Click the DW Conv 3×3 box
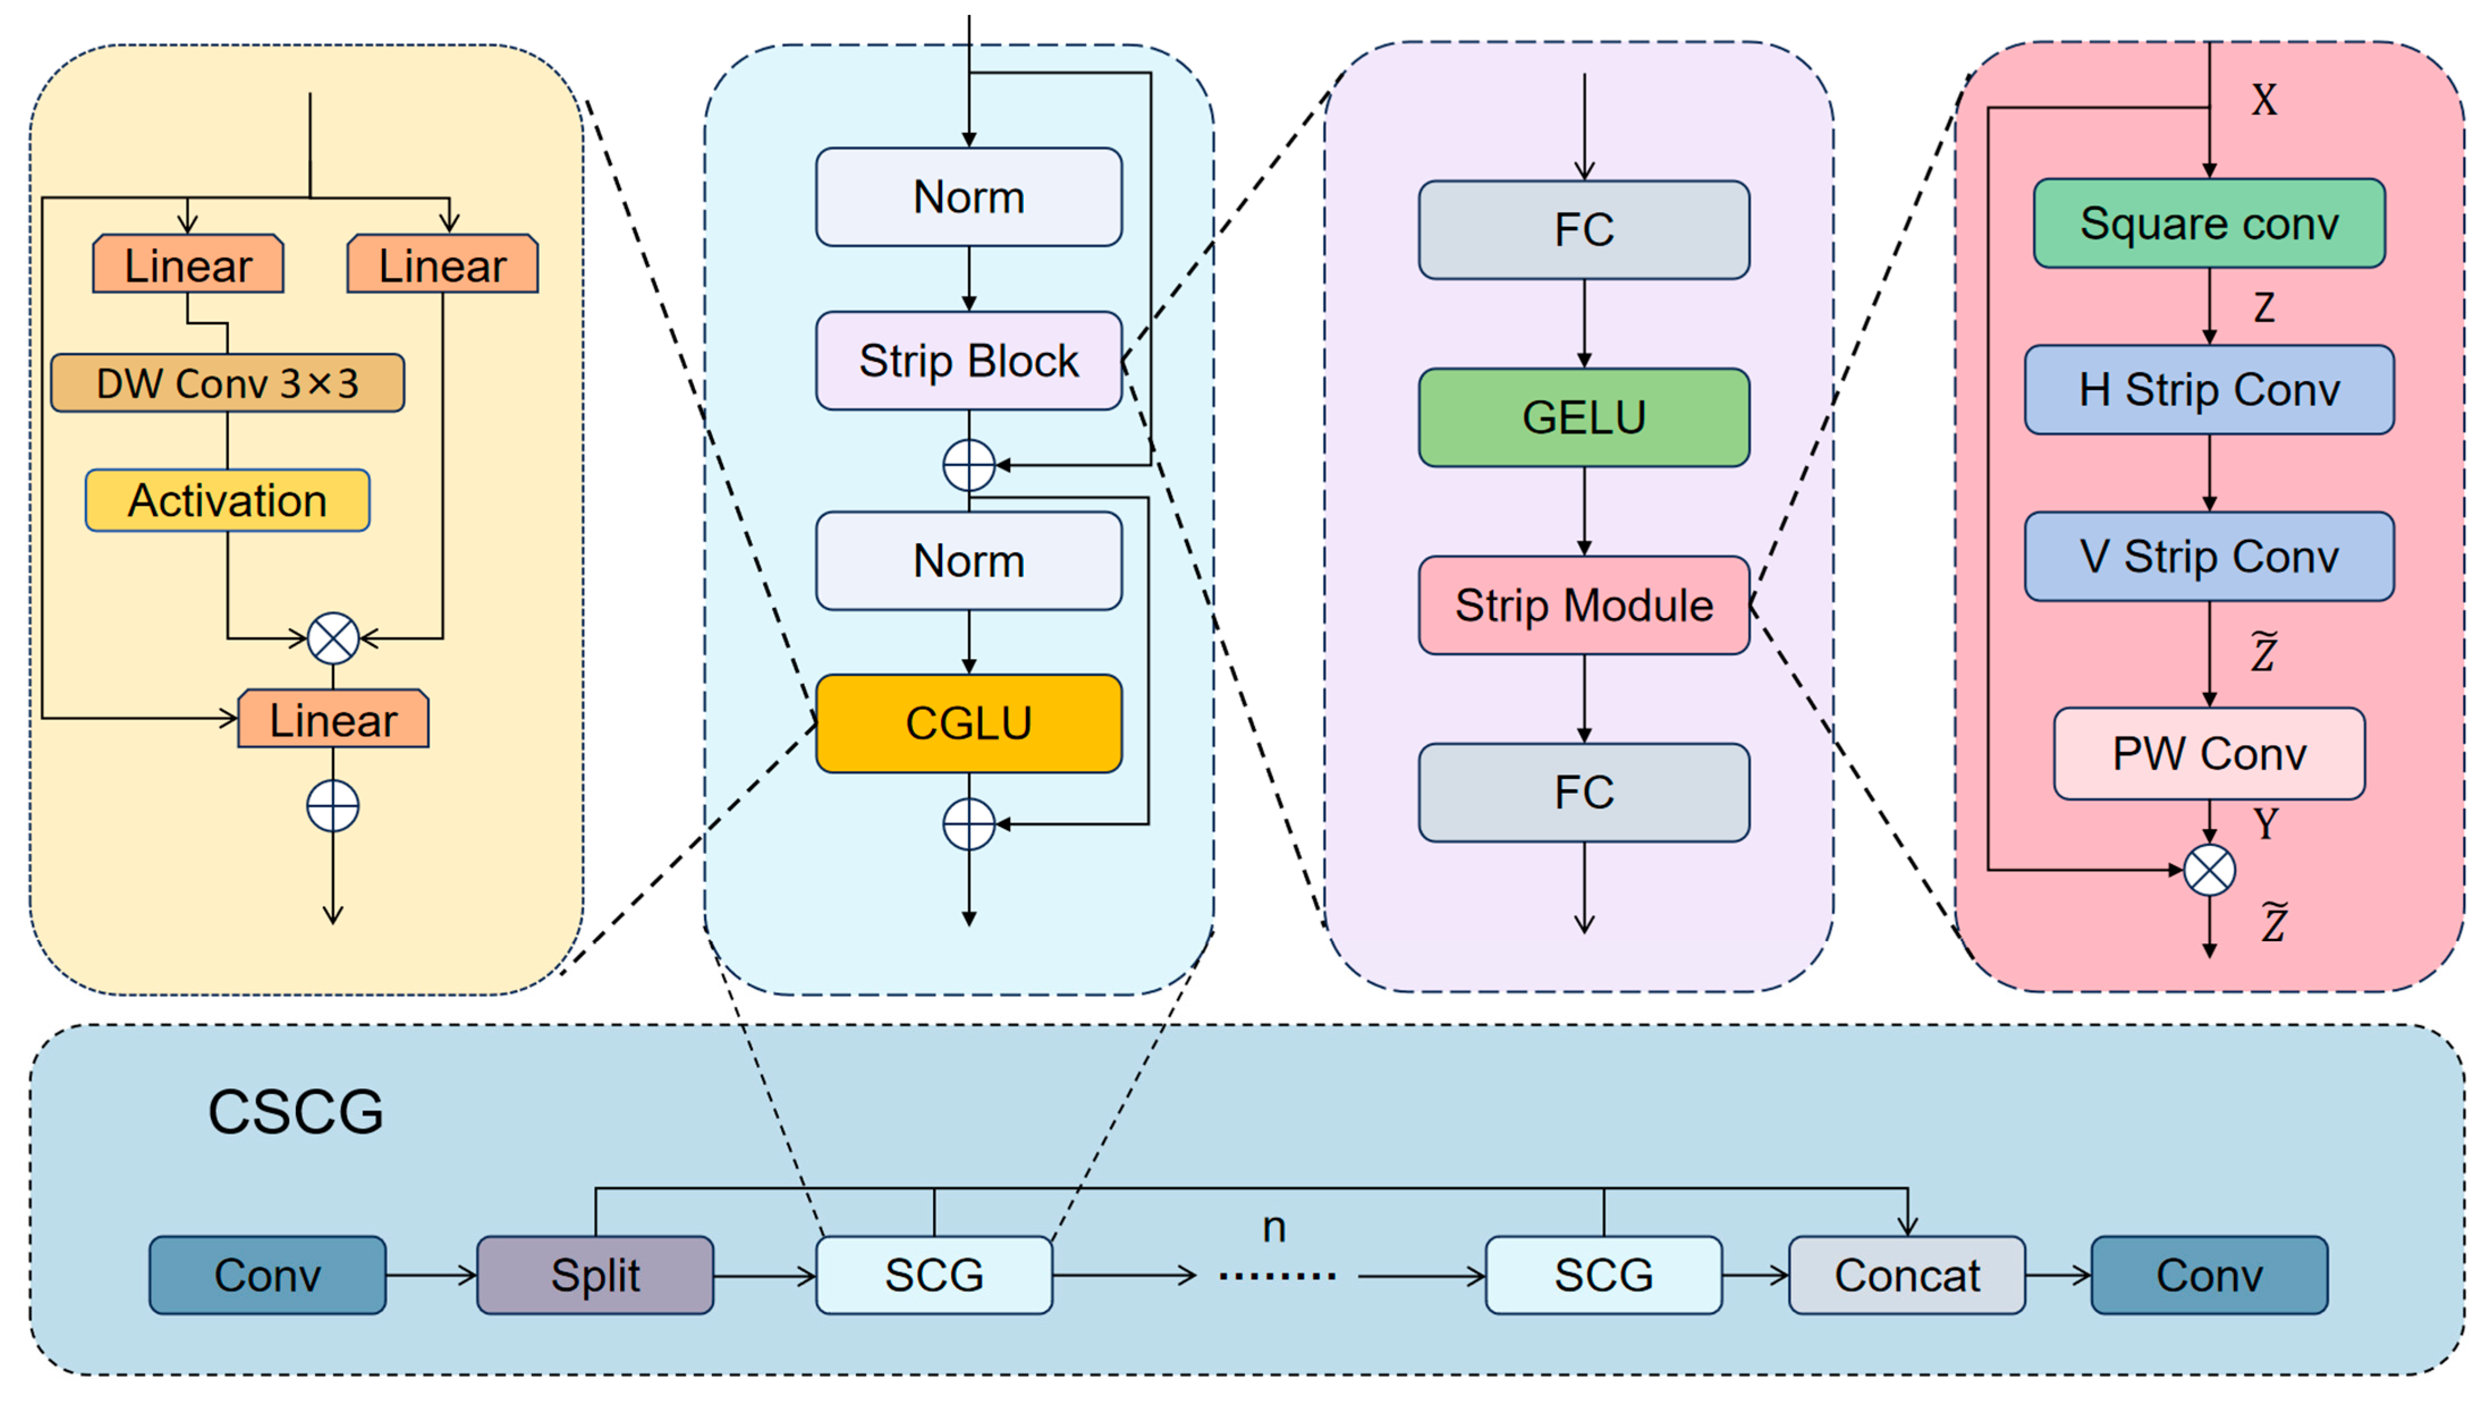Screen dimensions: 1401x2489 click(227, 383)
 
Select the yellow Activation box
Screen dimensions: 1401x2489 click(227, 501)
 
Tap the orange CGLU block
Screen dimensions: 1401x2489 click(968, 723)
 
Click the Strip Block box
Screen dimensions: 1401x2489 click(968, 361)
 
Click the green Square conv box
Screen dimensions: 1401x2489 click(2209, 223)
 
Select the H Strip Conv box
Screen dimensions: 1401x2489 click(2209, 390)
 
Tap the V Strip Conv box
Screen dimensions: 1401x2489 click(2209, 557)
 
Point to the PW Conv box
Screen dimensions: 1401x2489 click(2209, 754)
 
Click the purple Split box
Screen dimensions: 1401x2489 click(595, 1275)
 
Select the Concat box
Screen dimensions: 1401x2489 click(1906, 1275)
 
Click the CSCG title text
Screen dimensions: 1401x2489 click(296, 1111)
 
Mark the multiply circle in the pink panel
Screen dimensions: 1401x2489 click(2209, 870)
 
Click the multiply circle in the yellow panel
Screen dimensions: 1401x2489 click(332, 638)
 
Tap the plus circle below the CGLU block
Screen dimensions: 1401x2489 click(968, 824)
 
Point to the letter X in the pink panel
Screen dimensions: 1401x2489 click(2264, 100)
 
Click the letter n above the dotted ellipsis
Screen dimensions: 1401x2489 click(1274, 1227)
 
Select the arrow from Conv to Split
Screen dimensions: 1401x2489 click(431, 1275)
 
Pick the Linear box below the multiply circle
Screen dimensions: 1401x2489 click(332, 719)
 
